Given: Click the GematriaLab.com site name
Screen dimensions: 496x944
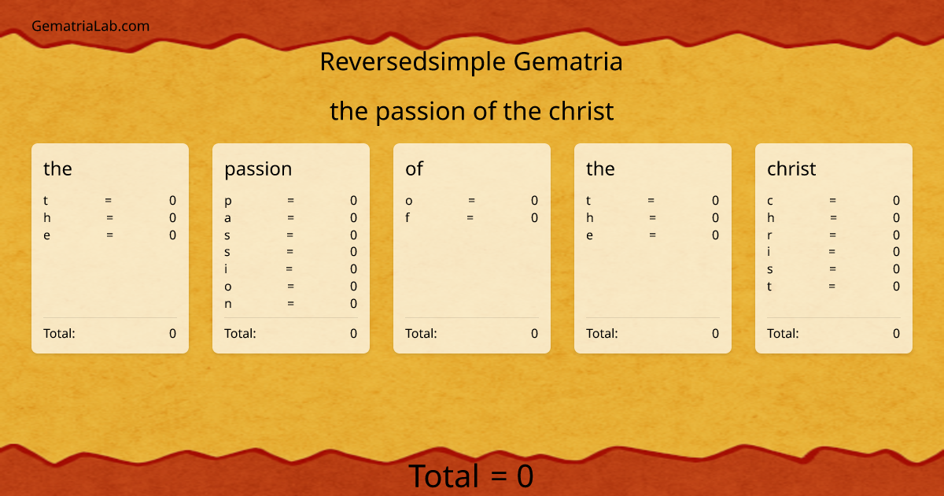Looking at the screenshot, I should (x=90, y=26).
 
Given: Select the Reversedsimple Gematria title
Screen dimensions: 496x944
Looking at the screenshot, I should (x=471, y=61).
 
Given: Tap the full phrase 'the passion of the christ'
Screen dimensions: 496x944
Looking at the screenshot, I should (x=471, y=111).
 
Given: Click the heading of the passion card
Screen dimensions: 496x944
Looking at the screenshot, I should (x=258, y=168).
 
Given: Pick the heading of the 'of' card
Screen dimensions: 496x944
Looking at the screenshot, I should (x=414, y=168).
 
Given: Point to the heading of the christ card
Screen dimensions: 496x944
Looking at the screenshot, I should (x=791, y=168).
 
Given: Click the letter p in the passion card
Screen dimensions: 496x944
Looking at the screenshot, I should (x=228, y=201).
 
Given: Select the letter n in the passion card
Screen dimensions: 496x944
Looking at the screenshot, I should (x=228, y=304).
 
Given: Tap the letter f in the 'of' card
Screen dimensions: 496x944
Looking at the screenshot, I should (x=407, y=218).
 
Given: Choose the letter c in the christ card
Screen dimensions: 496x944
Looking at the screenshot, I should (x=770, y=201).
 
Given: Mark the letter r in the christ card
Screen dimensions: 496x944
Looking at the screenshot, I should (x=770, y=235).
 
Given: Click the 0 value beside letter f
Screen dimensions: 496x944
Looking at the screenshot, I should (x=535, y=218).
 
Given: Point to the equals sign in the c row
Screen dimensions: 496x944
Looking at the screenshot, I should (x=832, y=201).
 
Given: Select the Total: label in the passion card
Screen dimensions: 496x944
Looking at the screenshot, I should (x=240, y=333).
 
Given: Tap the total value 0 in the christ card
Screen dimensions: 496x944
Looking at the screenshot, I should (x=896, y=333).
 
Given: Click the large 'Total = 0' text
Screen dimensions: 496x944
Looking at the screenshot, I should (x=471, y=476).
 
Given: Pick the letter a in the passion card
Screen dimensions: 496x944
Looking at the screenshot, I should (x=228, y=218).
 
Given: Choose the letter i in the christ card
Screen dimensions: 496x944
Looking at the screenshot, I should (x=769, y=252).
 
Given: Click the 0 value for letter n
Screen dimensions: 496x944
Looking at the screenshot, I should (x=354, y=304).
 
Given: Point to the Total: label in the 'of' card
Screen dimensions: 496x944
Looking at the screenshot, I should (x=421, y=333).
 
